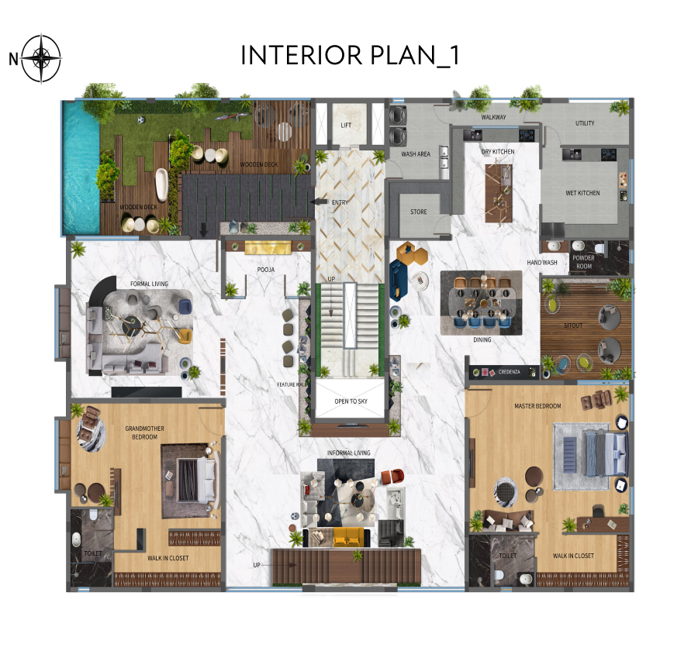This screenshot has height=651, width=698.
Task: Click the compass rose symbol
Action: point(41,58)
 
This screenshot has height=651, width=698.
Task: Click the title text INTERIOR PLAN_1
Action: point(350,56)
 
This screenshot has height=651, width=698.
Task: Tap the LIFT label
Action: point(346,126)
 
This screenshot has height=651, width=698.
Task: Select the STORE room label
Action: point(419,212)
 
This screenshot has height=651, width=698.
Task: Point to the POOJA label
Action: point(266,270)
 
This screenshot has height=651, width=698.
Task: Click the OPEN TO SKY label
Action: point(351,401)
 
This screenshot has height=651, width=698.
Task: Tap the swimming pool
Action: point(81,167)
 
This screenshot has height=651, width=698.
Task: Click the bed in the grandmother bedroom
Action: point(196,480)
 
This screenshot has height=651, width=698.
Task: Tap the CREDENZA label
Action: point(510,371)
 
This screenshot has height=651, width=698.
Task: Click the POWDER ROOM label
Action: point(583,262)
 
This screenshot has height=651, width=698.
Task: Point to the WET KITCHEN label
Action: point(582,193)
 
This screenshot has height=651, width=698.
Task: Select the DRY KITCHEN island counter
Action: point(499,193)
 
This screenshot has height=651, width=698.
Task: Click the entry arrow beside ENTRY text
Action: point(319,201)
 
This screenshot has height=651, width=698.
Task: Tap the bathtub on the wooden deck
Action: point(161,184)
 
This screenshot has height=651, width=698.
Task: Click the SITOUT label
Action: point(573,325)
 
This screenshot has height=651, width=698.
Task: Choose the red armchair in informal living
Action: point(392,476)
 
